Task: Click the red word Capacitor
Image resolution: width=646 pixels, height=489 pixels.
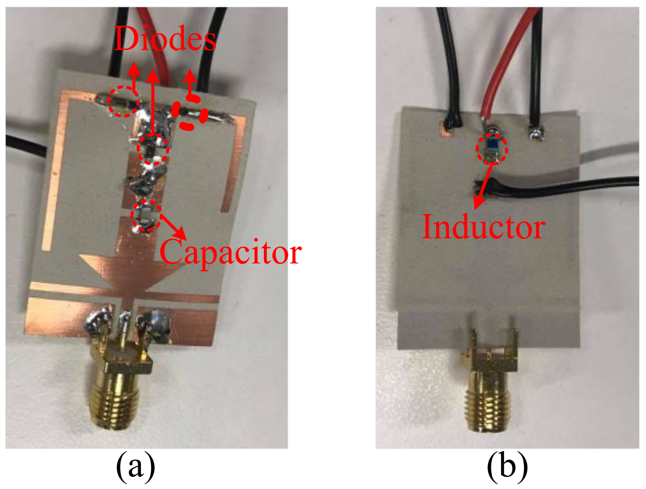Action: tap(230, 253)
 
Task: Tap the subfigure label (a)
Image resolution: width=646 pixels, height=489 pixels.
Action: tap(136, 467)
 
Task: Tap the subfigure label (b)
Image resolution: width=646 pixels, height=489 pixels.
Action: tap(507, 467)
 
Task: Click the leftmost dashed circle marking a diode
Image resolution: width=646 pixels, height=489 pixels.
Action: tap(124, 102)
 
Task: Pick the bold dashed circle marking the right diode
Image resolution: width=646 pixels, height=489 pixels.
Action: tap(190, 113)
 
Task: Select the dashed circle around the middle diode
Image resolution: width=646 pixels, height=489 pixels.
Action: tap(153, 149)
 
